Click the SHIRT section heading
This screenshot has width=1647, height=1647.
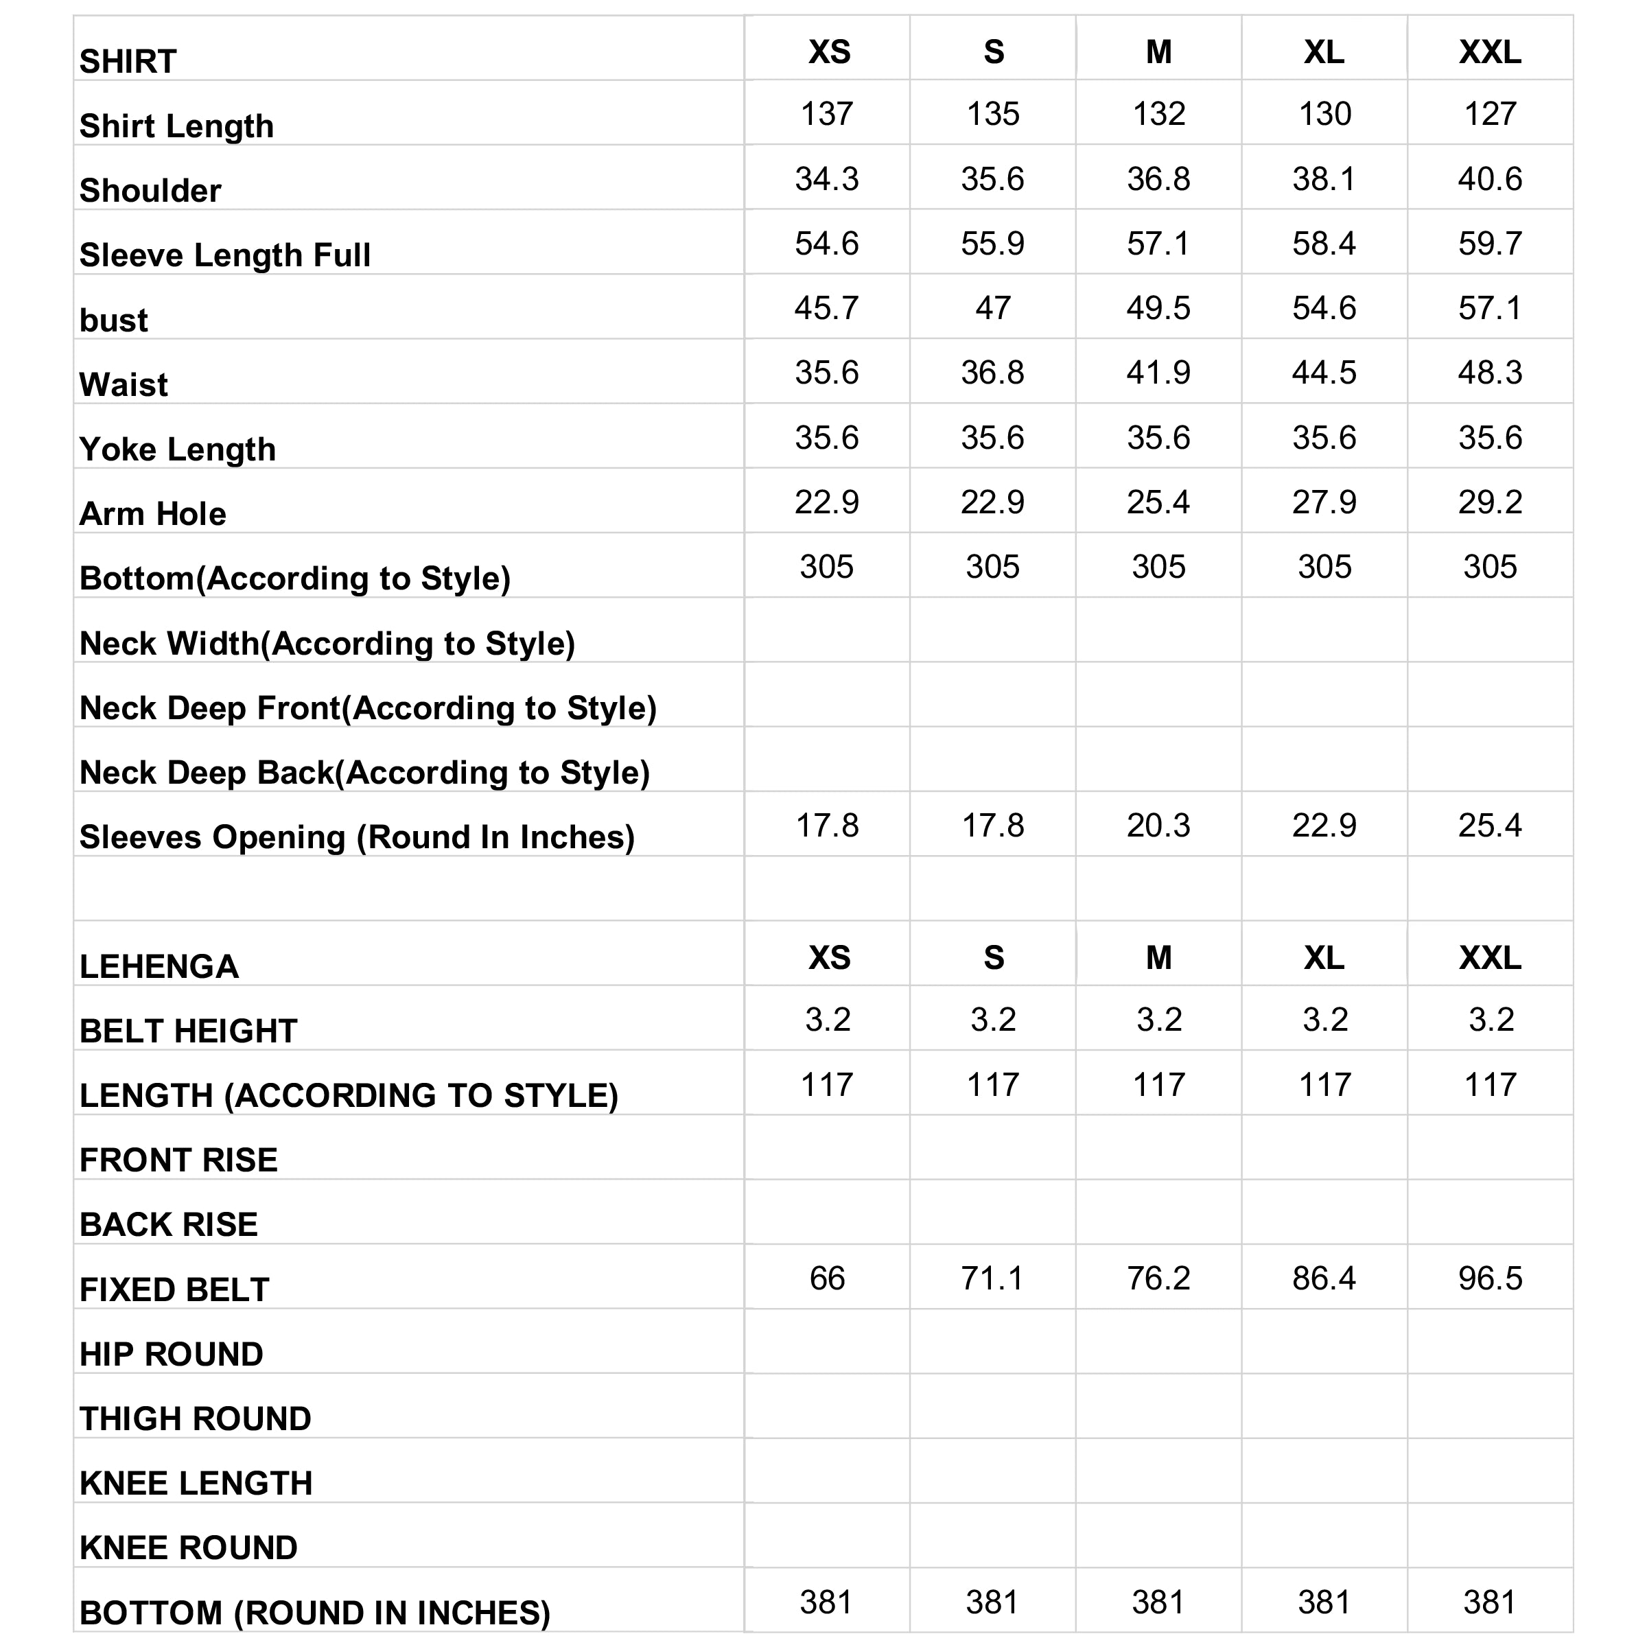click(x=128, y=61)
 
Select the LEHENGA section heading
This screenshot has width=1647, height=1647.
click(x=159, y=967)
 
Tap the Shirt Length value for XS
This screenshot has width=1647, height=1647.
click(x=827, y=113)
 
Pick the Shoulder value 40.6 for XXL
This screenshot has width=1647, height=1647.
click(x=1490, y=179)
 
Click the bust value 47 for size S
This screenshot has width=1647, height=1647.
click(x=993, y=307)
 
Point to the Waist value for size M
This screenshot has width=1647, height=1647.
click(x=1158, y=373)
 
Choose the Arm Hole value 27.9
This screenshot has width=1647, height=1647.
click(x=1324, y=502)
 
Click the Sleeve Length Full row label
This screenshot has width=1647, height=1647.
click(x=225, y=255)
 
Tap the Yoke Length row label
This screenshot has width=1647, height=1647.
click(x=177, y=449)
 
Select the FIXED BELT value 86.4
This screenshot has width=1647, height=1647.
click(x=1324, y=1278)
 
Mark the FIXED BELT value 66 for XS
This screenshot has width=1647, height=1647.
click(x=827, y=1278)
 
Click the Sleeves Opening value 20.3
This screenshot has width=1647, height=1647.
click(x=1158, y=825)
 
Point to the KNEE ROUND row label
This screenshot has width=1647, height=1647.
click(x=189, y=1548)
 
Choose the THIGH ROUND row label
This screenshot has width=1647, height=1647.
click(x=195, y=1418)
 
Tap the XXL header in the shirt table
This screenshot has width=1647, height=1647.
click(x=1490, y=52)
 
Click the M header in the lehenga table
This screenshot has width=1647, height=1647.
click(x=1158, y=958)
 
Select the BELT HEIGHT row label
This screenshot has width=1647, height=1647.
click(x=189, y=1031)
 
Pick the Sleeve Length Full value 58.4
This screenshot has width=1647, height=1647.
click(x=1324, y=244)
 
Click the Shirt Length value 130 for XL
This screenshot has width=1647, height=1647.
click(x=1324, y=113)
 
